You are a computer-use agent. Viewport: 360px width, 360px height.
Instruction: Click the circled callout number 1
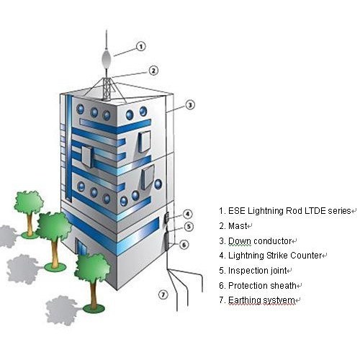tap(141, 46)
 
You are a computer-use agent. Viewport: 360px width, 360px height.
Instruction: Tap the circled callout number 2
tap(153, 71)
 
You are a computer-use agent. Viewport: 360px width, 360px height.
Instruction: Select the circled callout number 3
tap(190, 104)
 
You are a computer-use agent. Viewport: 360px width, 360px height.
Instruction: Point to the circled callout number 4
tap(188, 214)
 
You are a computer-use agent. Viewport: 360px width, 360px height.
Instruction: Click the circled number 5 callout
tap(189, 226)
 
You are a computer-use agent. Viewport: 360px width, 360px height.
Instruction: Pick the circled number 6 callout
tap(184, 245)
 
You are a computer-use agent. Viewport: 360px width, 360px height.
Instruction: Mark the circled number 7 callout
tap(163, 294)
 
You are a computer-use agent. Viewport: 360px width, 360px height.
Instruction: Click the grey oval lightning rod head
tap(107, 58)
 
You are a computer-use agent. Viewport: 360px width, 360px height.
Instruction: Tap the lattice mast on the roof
tap(107, 88)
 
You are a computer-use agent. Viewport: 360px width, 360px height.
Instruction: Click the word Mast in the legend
tap(238, 226)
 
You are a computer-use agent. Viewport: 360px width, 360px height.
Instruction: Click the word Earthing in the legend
tap(245, 300)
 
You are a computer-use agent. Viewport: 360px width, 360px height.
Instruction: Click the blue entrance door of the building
tap(81, 248)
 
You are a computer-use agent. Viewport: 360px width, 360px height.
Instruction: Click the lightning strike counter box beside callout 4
tap(166, 217)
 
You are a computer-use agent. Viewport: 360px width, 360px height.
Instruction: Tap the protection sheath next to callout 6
tap(166, 241)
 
